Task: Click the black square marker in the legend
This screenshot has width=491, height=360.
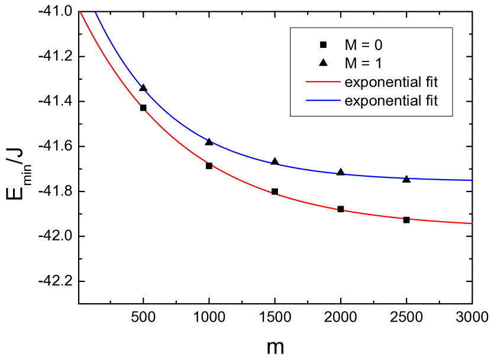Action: (323, 44)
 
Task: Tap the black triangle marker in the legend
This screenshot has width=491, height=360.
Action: (323, 63)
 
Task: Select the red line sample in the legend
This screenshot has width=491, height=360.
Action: (323, 82)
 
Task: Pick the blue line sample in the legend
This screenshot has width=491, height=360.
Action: (323, 100)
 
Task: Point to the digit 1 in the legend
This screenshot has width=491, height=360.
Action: (385, 63)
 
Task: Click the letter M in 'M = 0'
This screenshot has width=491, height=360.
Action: (351, 44)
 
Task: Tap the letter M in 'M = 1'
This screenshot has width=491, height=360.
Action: (351, 63)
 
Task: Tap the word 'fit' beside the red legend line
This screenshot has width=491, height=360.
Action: (430, 82)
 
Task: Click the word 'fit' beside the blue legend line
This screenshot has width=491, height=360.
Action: (430, 100)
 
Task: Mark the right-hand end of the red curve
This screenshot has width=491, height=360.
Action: (472, 223)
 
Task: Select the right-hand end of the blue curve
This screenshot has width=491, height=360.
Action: (472, 180)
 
